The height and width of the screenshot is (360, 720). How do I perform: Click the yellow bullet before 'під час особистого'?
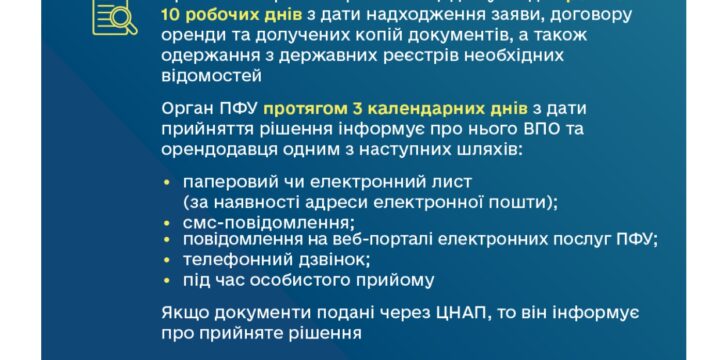[167, 279]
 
